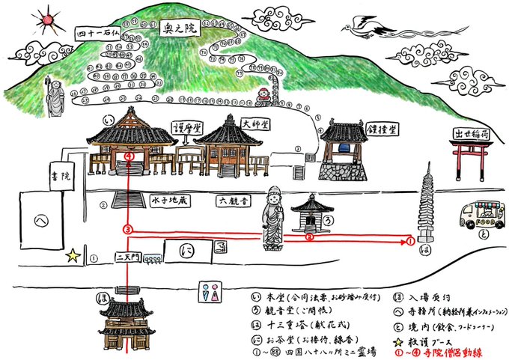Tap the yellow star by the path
tap(73, 256)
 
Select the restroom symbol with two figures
tap(210, 292)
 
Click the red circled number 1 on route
tap(410, 241)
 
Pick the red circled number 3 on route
tap(128, 228)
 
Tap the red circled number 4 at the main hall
tap(130, 156)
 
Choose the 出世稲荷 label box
tap(470, 132)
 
